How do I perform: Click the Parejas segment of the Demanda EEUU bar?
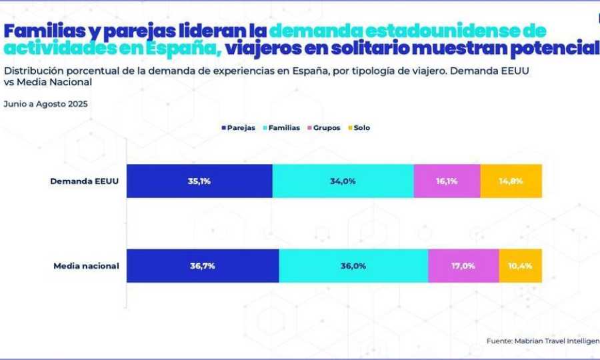199,181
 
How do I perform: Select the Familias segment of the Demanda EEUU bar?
343,181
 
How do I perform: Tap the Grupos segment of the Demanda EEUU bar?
447,181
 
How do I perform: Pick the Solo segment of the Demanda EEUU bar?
511,181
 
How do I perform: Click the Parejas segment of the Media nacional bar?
203,265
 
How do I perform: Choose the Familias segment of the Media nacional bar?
353,265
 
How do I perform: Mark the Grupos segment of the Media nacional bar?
463,265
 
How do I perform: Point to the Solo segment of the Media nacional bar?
520,265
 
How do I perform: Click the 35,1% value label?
199,181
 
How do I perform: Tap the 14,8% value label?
511,181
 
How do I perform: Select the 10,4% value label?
520,265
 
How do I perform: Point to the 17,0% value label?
463,265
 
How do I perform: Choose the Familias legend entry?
283,127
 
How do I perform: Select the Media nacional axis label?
86,265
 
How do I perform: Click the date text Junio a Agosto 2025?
45,104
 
